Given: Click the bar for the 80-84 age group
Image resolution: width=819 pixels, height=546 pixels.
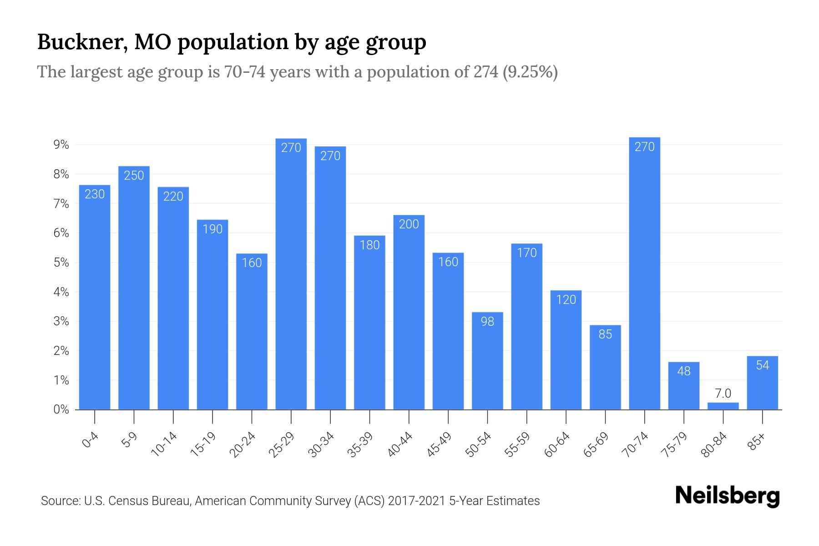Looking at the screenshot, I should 723,406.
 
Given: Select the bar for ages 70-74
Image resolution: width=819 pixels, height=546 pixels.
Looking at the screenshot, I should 644,273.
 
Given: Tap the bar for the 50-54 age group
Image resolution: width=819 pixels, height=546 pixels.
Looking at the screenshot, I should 487,360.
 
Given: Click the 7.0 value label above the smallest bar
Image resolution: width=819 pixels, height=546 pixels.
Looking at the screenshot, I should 723,393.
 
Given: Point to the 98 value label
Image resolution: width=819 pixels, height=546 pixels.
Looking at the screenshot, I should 487,321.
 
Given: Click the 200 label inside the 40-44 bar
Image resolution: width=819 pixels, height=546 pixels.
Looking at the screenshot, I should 409,224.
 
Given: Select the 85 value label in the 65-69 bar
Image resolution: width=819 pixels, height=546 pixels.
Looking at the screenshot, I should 605,334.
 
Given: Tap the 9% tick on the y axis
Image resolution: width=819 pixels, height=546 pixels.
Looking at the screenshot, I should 61,145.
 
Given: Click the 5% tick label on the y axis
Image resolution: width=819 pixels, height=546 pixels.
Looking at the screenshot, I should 61,263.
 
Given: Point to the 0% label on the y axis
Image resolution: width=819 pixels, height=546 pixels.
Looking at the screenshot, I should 61,409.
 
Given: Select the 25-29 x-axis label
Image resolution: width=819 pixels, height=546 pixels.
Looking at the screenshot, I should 282,445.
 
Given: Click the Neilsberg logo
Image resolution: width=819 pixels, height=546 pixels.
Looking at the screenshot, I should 727,496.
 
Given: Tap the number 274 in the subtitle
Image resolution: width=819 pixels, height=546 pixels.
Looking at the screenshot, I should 485,72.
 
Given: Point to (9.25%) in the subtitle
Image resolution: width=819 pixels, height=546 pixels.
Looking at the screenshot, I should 530,72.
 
